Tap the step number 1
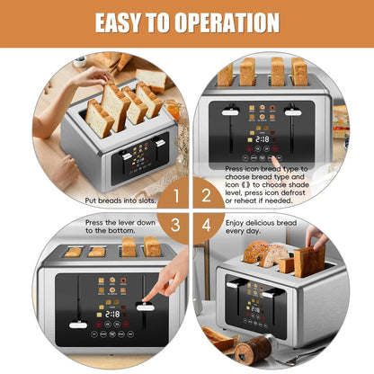(177, 193)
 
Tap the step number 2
(206, 193)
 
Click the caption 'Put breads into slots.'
(125, 201)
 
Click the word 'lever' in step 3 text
(140, 221)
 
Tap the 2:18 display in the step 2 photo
(263, 140)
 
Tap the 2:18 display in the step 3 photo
(111, 314)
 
